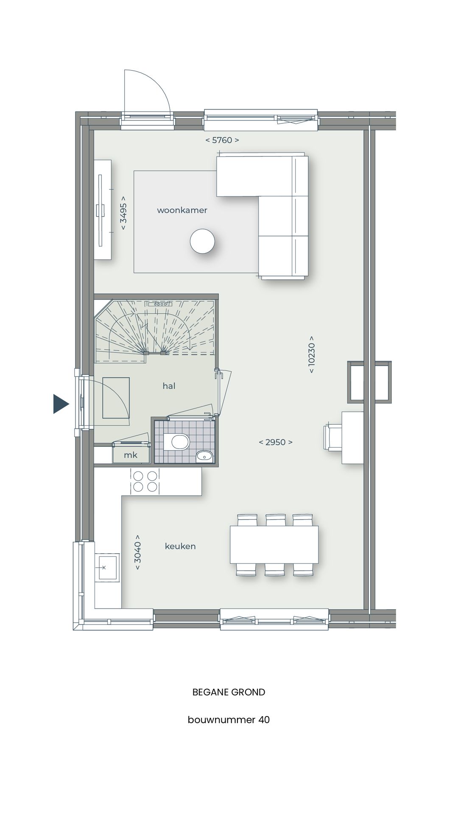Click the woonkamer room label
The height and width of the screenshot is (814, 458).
pos(182,210)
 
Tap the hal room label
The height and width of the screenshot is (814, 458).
pos(169,386)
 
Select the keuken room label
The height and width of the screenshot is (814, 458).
pos(180,546)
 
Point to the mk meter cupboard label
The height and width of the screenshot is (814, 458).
pos(131,455)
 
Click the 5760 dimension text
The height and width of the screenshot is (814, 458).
pos(222,140)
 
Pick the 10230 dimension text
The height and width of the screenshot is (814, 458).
pos(312,354)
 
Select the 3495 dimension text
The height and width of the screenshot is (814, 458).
pos(123,213)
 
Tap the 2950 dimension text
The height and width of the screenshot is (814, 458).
pos(276,442)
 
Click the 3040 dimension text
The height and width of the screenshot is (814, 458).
pos(138,552)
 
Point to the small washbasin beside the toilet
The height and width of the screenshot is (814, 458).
pos(204,456)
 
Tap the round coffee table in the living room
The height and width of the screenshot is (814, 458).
pos(202,241)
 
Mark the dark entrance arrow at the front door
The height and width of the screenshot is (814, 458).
pos(60,404)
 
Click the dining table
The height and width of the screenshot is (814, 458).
pos(274,544)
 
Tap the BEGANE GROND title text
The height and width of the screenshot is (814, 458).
pos(229,692)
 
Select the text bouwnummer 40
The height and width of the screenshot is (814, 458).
pos(229,720)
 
